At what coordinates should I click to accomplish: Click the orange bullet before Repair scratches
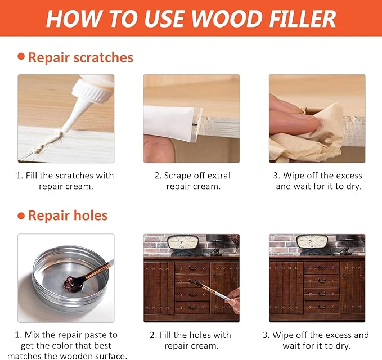pyautogui.click(x=21, y=56)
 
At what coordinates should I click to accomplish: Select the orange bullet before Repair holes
pyautogui.click(x=21, y=215)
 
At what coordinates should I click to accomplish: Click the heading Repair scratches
pyautogui.click(x=80, y=57)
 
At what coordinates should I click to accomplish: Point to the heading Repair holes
pyautogui.click(x=68, y=215)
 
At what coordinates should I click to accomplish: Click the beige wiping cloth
pyautogui.click(x=315, y=135)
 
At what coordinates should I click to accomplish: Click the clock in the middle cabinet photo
pyautogui.click(x=183, y=242)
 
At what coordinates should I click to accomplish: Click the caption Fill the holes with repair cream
pyautogui.click(x=191, y=340)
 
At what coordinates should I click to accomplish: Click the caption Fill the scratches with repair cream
pyautogui.click(x=65, y=181)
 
